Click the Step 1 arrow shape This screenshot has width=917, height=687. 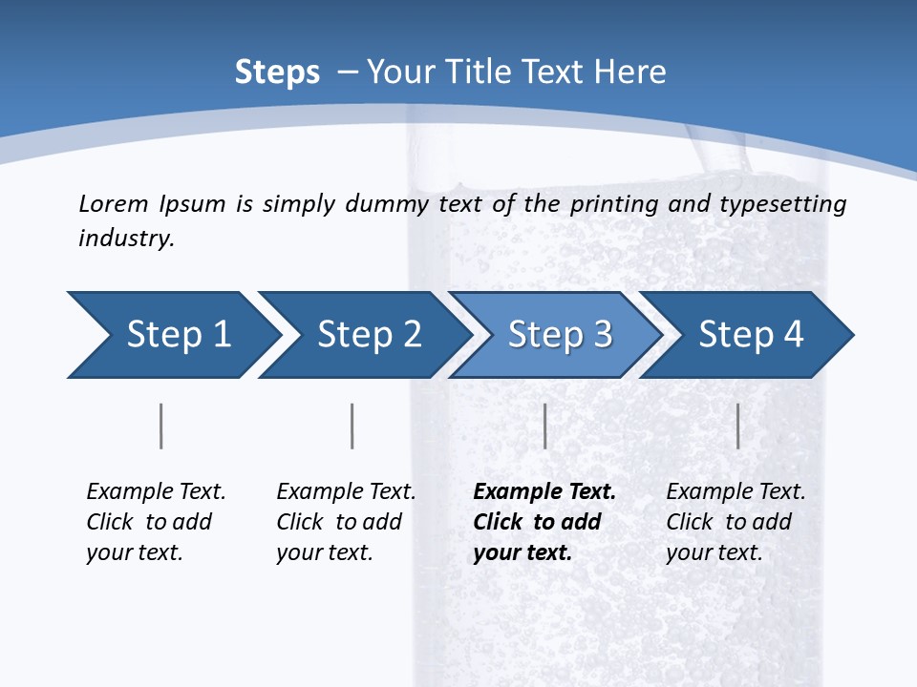coord(172,335)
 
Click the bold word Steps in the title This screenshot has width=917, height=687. coord(277,73)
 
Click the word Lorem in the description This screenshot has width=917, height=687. coord(112,203)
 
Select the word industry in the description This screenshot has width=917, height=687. coord(125,239)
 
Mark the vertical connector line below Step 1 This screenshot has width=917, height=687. coord(161,426)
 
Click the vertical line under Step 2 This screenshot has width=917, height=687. coord(352,426)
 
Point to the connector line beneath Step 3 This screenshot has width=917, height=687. coord(544,426)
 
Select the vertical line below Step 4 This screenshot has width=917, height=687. coord(737,426)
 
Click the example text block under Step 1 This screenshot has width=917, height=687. coord(156,522)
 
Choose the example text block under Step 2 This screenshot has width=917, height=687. coord(346,522)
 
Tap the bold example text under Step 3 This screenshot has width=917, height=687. coord(544,522)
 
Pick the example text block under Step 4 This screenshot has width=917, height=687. coord(736,522)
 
